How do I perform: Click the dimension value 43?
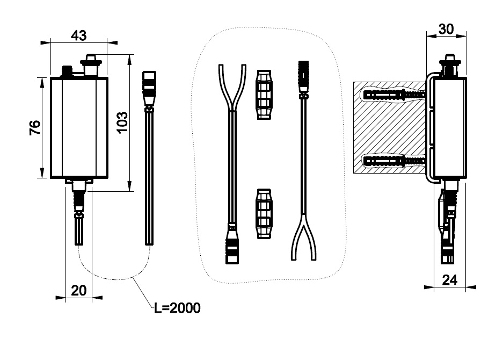(x=78, y=35)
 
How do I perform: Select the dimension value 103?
(x=122, y=123)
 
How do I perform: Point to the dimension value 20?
(x=78, y=291)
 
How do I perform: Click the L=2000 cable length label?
(x=177, y=308)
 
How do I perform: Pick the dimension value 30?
(x=446, y=29)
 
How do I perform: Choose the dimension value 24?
(x=450, y=279)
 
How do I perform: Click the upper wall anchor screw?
(x=395, y=95)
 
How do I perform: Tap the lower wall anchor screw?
(x=395, y=160)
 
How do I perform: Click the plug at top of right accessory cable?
(x=304, y=75)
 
